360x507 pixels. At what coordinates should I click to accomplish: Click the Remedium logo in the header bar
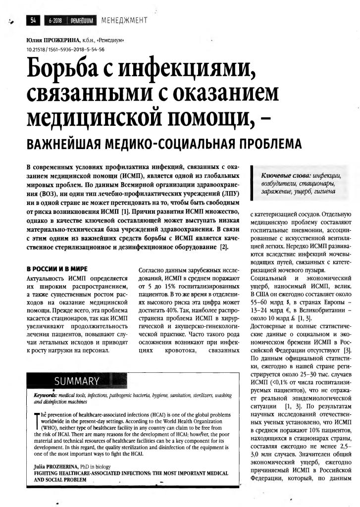tap(79, 20)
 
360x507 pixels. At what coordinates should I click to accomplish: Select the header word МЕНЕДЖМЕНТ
tap(125, 20)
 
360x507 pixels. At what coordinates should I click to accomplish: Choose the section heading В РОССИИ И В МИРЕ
tap(57, 268)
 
